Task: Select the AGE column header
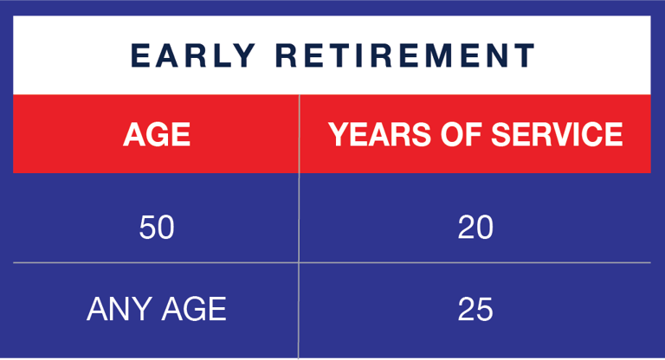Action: click(x=157, y=134)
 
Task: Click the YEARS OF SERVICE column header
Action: click(x=475, y=134)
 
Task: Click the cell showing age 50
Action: click(x=157, y=228)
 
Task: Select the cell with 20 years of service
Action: click(x=475, y=228)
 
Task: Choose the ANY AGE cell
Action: click(x=157, y=309)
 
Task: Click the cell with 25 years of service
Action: click(x=475, y=309)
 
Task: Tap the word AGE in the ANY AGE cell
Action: click(x=193, y=309)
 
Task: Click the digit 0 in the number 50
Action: click(x=166, y=228)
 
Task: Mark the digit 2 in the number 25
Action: click(x=466, y=309)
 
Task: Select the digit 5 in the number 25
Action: click(x=485, y=309)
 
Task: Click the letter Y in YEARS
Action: click(x=337, y=134)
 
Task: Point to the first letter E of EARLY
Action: click(x=140, y=56)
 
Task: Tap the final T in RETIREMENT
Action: click(x=525, y=56)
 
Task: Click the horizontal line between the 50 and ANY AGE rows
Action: click(x=157, y=262)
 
